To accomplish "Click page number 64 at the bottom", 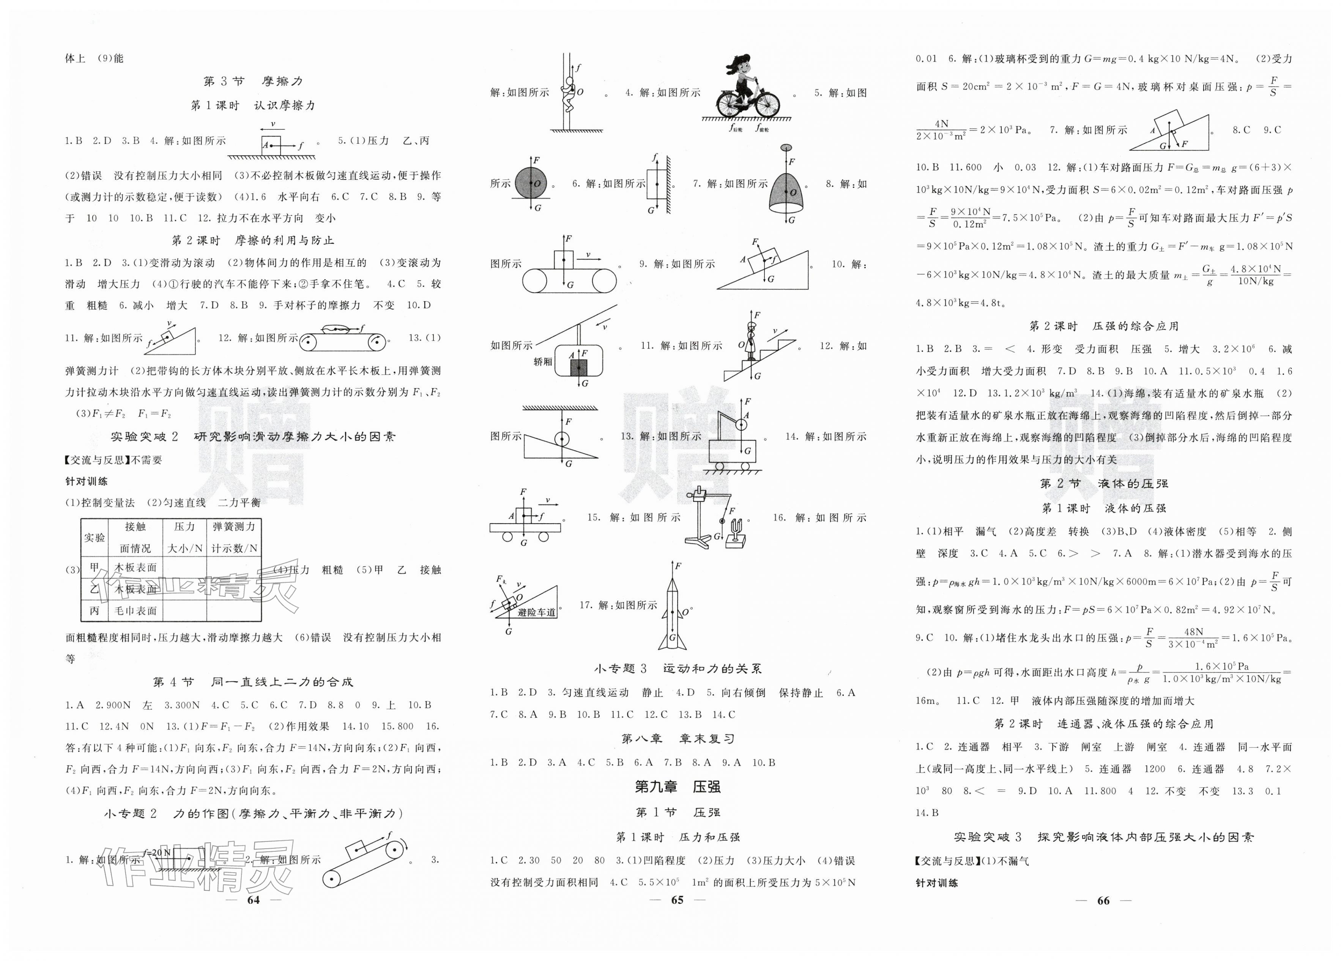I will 253,900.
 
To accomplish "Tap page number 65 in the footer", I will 678,900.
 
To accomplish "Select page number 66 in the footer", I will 1103,901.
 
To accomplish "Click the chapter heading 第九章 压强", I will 678,786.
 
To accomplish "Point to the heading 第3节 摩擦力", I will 253,81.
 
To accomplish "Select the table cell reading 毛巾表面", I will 136,610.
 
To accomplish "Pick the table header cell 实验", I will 94,537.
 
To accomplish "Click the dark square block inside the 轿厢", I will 578,368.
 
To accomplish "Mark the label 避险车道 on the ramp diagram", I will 536,612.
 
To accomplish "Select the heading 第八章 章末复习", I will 678,739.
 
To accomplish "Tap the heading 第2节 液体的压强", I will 1103,483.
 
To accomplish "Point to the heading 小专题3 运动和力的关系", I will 678,668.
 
